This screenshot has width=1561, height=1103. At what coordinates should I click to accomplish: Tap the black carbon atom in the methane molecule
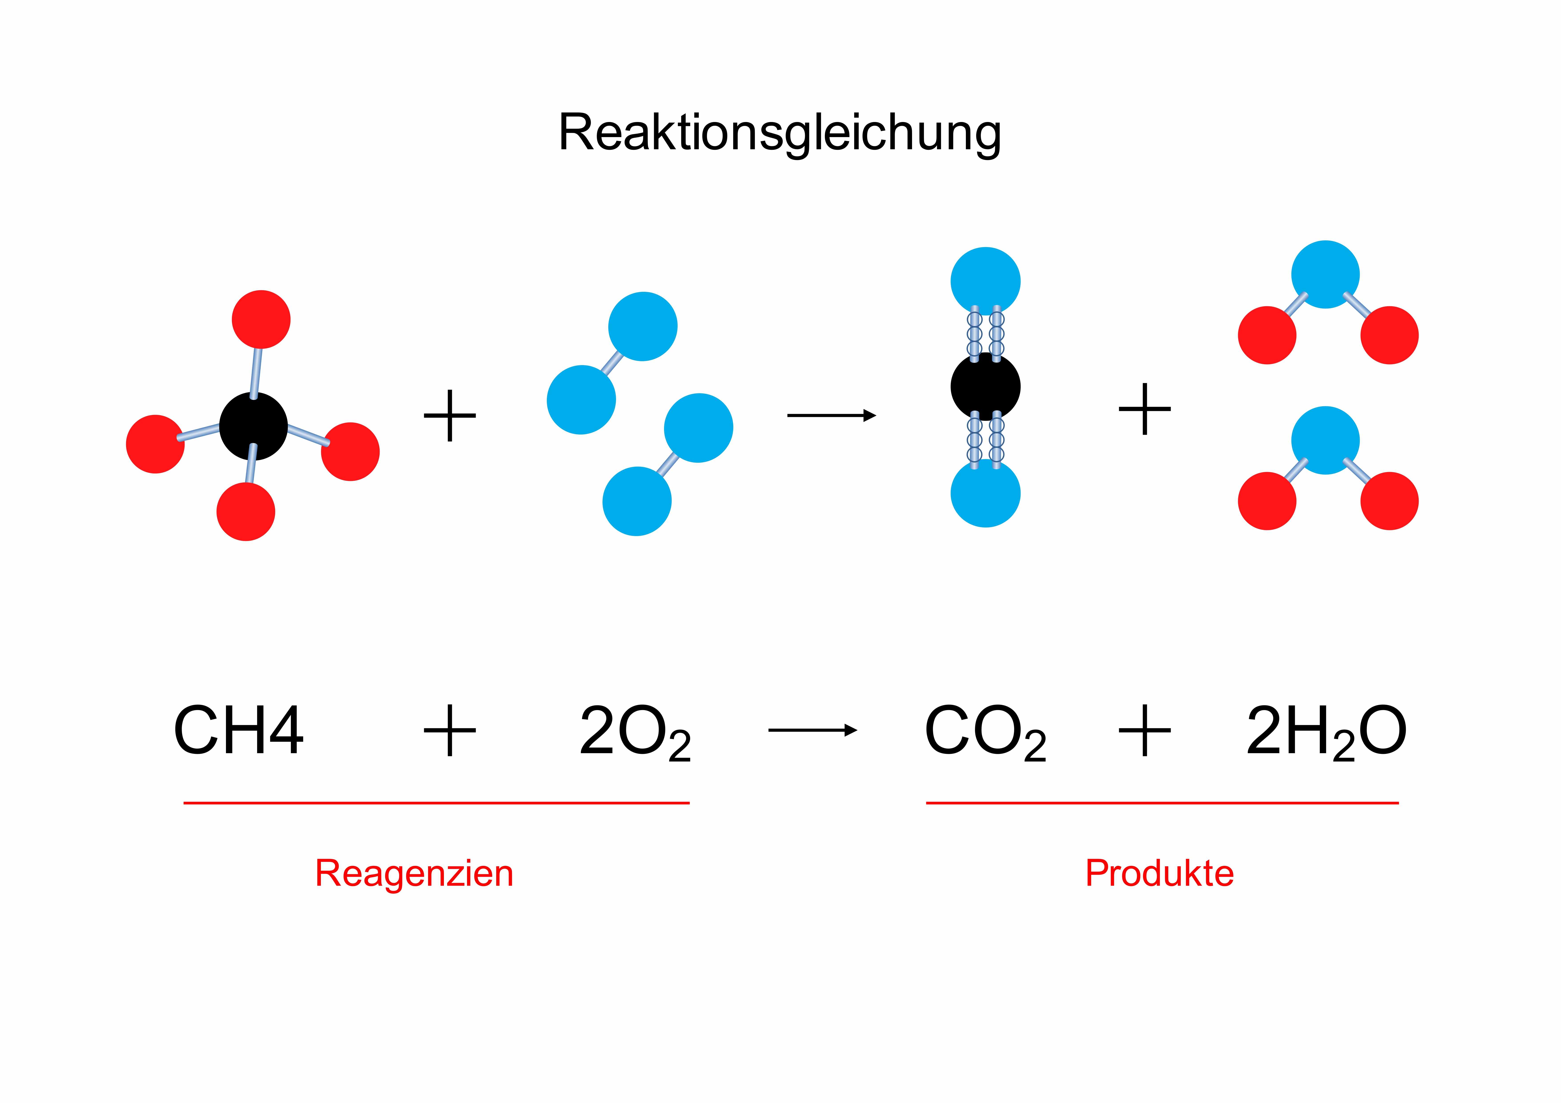pos(254,426)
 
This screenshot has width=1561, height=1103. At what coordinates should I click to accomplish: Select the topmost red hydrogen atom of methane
pos(261,319)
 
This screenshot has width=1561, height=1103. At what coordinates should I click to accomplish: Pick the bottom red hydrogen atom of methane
pos(246,512)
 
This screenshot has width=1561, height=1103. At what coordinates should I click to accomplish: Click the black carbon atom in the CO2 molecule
pos(985,387)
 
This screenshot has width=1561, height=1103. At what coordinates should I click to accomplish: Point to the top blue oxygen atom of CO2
pos(985,281)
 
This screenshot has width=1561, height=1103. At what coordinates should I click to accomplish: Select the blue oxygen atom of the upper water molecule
pos(1325,274)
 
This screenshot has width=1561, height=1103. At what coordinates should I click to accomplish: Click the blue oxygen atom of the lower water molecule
pos(1325,440)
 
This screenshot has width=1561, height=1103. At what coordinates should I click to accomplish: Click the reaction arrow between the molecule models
pos(831,415)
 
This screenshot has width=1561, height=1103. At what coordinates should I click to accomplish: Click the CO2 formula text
pos(985,733)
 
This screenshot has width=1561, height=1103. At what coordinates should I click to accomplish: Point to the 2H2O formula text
pos(1326,733)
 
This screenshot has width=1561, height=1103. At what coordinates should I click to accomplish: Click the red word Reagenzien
pos(414,873)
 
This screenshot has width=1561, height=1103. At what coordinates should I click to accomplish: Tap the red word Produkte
pos(1159,873)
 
